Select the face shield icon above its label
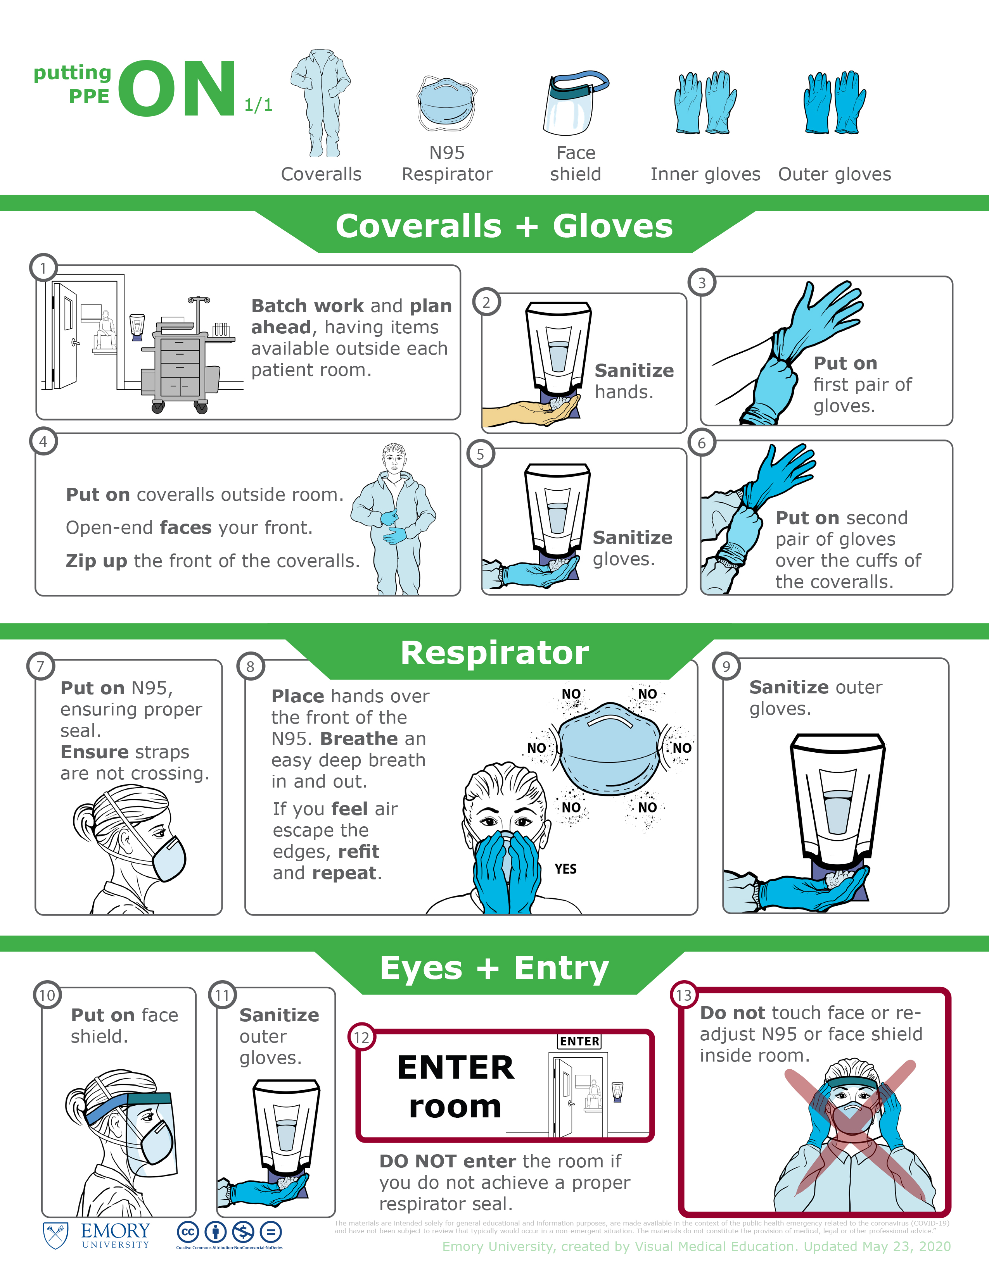[x=575, y=103]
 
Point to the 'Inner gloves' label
[x=705, y=174]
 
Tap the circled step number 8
[x=250, y=667]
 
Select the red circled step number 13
[x=684, y=995]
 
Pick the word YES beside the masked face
[x=565, y=869]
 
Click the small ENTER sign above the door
[x=579, y=1041]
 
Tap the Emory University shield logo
[x=56, y=1235]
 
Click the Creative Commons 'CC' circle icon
[x=188, y=1232]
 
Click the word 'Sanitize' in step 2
[x=635, y=370]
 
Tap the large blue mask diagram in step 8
[x=611, y=748]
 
